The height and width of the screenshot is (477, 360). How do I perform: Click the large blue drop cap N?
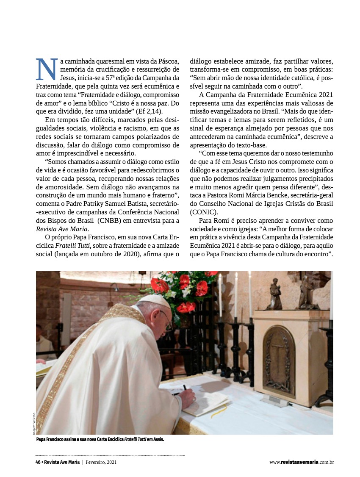tap(46, 69)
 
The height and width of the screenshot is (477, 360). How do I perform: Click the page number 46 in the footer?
tap(38, 462)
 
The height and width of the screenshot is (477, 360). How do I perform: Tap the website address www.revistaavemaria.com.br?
tap(302, 462)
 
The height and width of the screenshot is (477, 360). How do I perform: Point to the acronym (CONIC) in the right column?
tap(204, 212)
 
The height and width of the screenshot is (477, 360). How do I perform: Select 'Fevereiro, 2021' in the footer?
tap(101, 462)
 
